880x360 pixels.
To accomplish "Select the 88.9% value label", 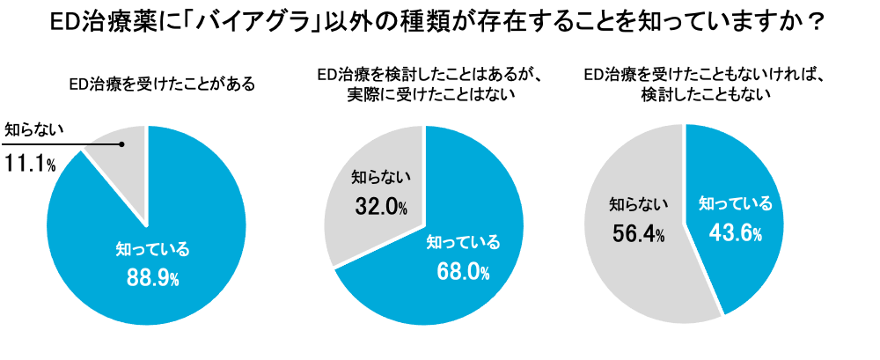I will coord(152,278).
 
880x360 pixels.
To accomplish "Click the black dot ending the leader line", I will coord(122,143).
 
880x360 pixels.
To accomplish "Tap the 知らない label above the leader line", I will coord(35,130).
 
